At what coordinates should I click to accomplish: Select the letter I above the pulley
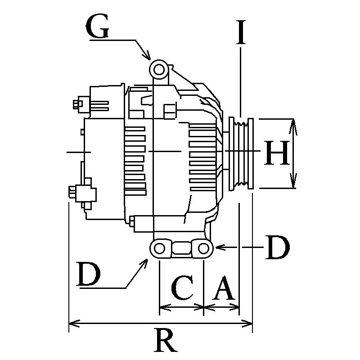[242, 31]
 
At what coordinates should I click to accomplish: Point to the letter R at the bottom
[165, 341]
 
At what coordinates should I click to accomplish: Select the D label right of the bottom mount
[276, 247]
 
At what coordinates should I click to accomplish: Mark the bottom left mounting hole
[159, 248]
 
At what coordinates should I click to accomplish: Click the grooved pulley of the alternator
[242, 153]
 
